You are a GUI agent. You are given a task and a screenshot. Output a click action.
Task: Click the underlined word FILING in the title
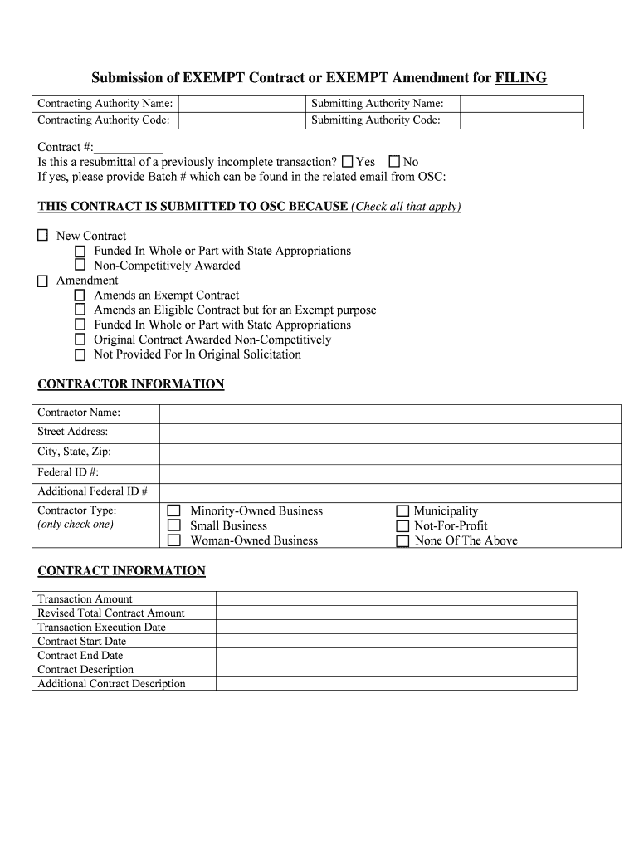[x=520, y=78]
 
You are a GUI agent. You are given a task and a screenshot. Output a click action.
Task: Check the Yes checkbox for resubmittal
[x=348, y=162]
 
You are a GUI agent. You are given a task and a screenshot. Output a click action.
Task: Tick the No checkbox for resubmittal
[x=395, y=162]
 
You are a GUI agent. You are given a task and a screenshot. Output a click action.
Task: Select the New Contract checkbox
[x=42, y=236]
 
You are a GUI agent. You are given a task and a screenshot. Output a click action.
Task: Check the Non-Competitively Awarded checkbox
[x=80, y=266]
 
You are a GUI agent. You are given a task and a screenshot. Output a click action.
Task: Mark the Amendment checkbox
[x=42, y=281]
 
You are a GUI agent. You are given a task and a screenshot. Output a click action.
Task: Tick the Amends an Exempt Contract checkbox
[x=80, y=296]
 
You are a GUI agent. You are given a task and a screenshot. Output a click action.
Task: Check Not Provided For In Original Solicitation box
[x=80, y=355]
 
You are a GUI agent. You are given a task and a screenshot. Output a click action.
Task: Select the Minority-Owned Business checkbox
[x=174, y=511]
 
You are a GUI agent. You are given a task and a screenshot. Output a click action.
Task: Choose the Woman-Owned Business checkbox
[x=174, y=541]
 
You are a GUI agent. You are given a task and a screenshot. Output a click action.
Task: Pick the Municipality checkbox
[x=402, y=511]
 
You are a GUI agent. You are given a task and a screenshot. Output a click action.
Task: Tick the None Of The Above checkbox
[x=402, y=541]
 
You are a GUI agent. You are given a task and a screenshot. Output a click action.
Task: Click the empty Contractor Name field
[x=389, y=413]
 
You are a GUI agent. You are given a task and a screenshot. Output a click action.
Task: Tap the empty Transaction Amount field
[x=396, y=598]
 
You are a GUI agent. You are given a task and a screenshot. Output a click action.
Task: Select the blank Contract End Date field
[x=396, y=655]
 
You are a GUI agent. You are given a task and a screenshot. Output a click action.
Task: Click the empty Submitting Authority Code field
[x=521, y=120]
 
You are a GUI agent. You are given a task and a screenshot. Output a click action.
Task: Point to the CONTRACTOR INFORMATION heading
[x=131, y=384]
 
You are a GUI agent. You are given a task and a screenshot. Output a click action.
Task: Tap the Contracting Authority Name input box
[x=241, y=104]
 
